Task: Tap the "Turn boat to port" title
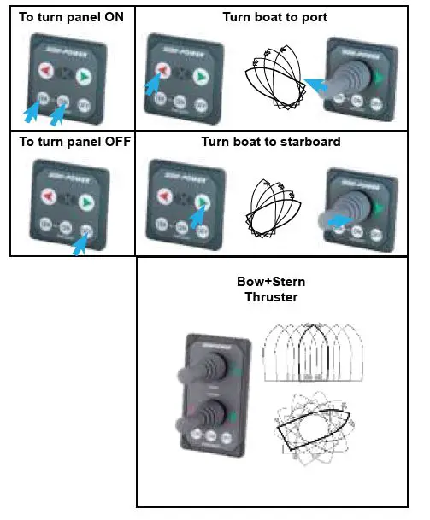click(274, 17)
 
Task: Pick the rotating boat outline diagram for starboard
click(269, 208)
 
